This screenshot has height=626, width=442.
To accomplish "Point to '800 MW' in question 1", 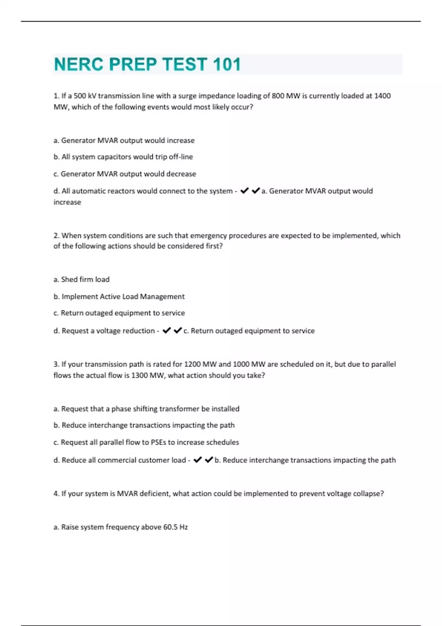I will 286,96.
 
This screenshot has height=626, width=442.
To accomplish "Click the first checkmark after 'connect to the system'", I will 244,191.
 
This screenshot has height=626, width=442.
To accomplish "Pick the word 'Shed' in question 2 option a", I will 69,279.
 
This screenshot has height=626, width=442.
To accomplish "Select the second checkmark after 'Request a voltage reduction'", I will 178,330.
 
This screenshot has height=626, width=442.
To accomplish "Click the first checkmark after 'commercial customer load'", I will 197,460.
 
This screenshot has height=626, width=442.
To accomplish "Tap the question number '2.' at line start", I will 56,236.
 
